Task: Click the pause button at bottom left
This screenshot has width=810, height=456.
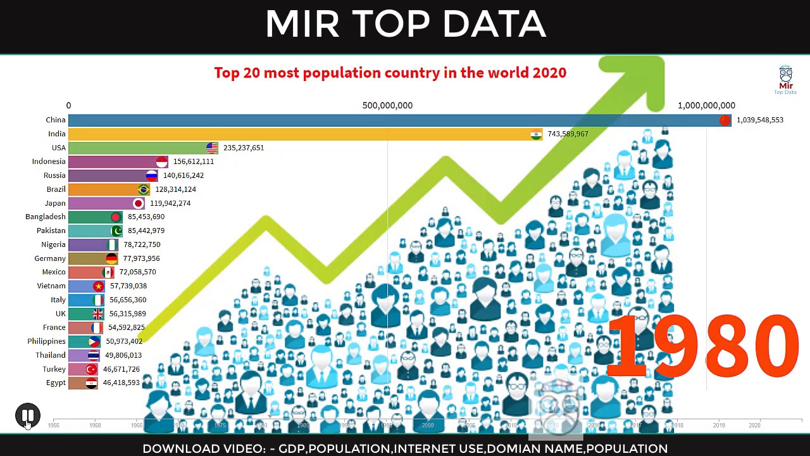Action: click(28, 415)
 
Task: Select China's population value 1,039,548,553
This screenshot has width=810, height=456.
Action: click(759, 120)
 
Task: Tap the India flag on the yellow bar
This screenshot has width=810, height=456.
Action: click(536, 134)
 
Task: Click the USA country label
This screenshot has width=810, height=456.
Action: click(58, 148)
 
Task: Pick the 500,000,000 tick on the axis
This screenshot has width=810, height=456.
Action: click(387, 106)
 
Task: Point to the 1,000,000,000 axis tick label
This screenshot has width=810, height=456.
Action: click(706, 106)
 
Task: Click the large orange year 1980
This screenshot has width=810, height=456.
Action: click(702, 346)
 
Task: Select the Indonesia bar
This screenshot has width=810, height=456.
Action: click(114, 161)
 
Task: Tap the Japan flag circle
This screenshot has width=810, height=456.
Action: click(138, 203)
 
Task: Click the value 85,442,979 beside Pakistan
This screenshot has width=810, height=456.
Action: click(146, 231)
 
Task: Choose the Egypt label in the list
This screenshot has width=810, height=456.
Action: click(56, 383)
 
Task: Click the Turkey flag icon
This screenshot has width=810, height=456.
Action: click(91, 369)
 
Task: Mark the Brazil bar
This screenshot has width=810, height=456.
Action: click(104, 189)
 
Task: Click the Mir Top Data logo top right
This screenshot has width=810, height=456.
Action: click(785, 80)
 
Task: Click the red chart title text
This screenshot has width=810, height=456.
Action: click(390, 73)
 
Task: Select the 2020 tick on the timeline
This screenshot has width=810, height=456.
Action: click(754, 425)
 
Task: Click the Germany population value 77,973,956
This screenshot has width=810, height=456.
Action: click(141, 258)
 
